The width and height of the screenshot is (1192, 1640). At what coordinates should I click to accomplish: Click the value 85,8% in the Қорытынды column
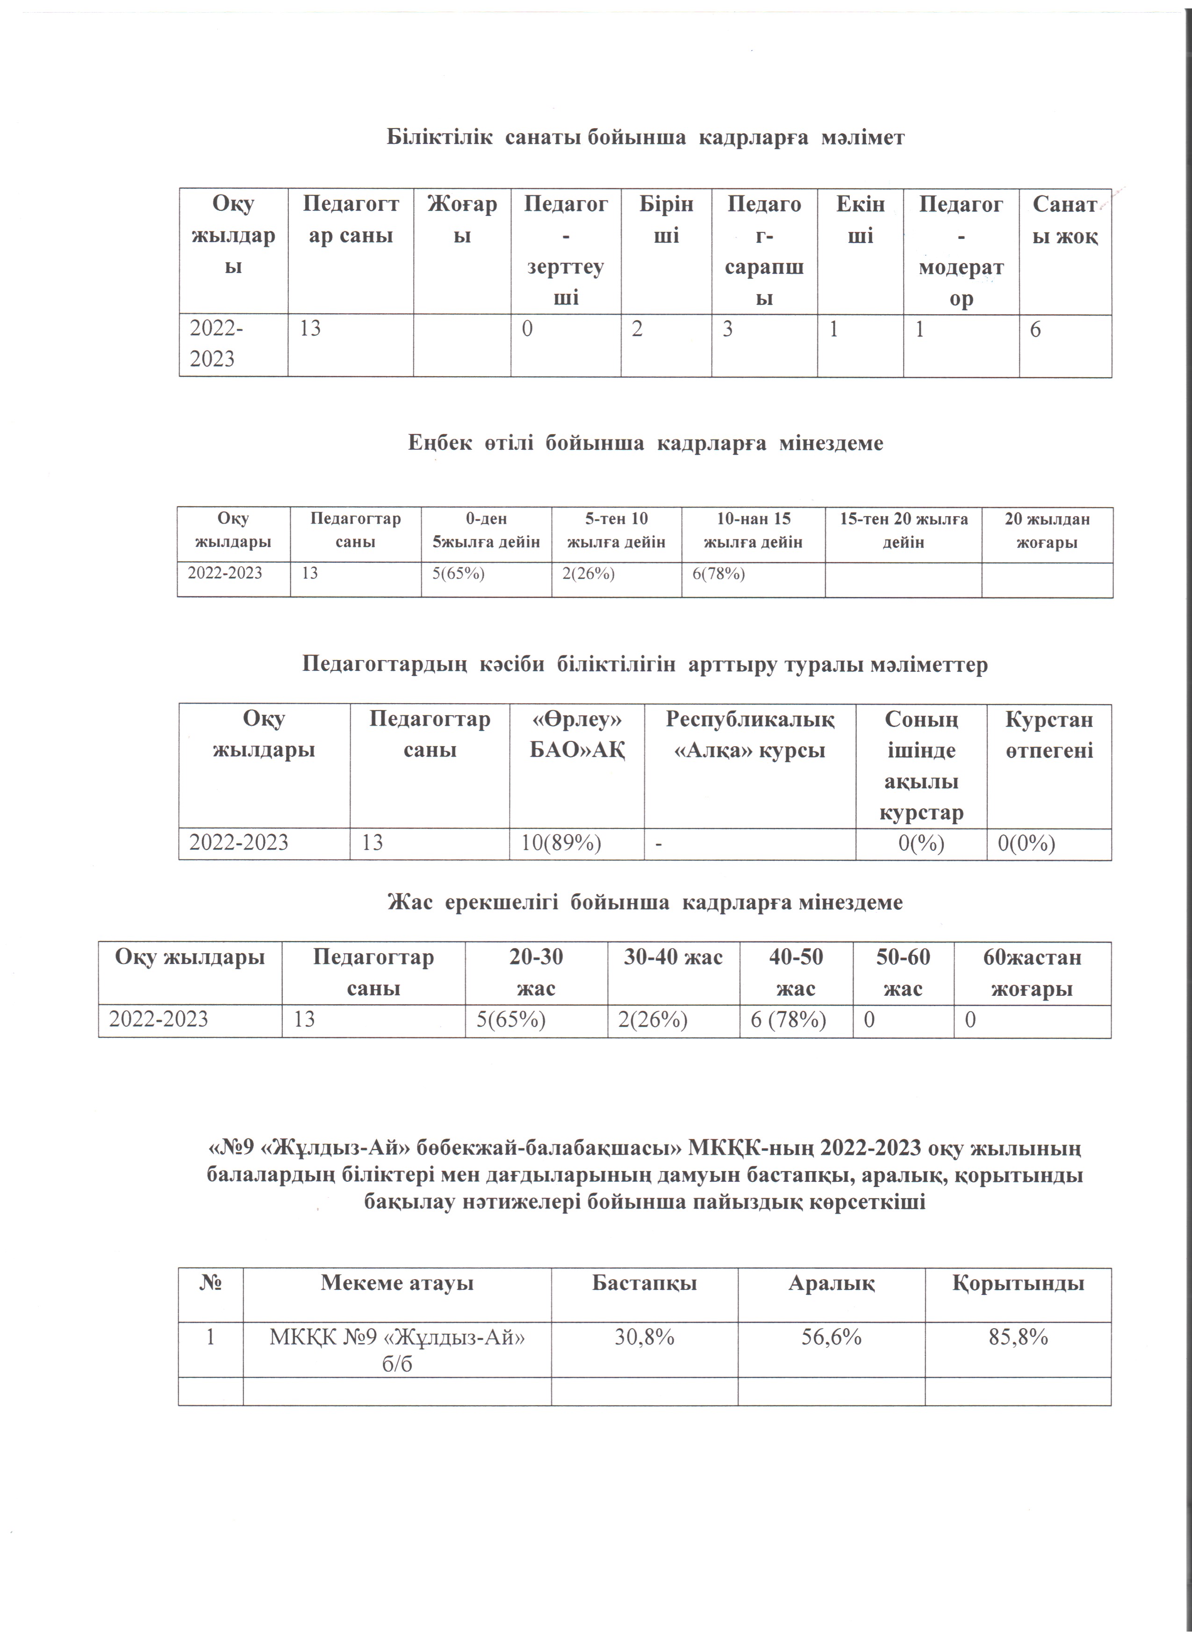[x=1018, y=1338]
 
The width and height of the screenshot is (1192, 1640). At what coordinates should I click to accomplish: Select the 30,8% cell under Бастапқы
[x=644, y=1338]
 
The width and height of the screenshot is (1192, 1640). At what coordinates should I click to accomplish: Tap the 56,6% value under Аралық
[x=831, y=1338]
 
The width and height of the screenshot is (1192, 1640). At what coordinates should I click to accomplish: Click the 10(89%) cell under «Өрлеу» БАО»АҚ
[x=562, y=842]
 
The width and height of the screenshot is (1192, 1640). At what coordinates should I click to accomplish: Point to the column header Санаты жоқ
[x=1065, y=220]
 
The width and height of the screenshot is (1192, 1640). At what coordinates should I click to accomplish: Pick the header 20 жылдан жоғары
[x=1047, y=530]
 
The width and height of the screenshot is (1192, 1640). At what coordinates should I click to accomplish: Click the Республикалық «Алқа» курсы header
[x=750, y=734]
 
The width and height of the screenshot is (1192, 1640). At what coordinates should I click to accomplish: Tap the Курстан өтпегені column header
[x=1049, y=734]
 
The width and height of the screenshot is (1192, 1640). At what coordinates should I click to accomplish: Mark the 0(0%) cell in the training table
[x=1027, y=842]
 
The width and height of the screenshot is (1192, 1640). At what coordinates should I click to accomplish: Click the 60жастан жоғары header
[x=1032, y=972]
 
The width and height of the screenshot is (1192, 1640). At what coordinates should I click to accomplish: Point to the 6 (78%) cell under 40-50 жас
[x=788, y=1020]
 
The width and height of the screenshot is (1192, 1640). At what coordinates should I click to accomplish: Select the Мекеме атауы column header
[x=397, y=1283]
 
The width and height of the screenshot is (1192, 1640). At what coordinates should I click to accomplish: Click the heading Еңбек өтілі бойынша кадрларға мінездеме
[x=645, y=443]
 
